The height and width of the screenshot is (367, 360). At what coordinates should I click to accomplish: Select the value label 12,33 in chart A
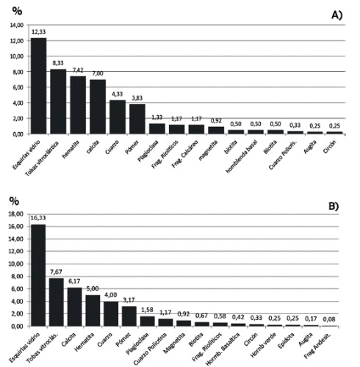38,31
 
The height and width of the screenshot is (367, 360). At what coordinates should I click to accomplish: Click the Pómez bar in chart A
137,119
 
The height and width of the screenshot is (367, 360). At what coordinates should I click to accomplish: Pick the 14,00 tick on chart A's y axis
15,25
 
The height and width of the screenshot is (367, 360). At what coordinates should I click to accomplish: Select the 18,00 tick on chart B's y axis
15,214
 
